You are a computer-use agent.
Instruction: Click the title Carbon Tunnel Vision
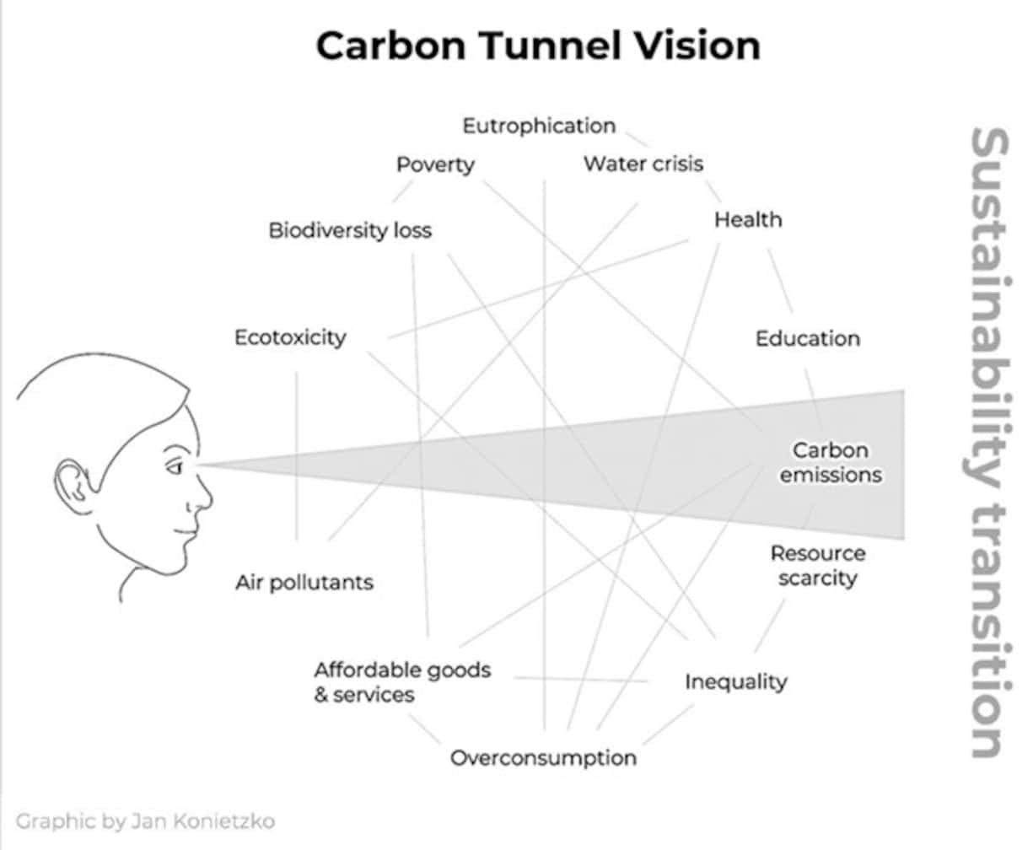[x=538, y=45]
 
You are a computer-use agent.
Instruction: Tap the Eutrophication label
[x=539, y=126]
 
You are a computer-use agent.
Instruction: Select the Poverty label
[x=435, y=164]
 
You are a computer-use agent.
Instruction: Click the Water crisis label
[x=643, y=164]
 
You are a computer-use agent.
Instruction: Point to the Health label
[x=748, y=220]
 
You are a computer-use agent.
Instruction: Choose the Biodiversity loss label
[x=350, y=230]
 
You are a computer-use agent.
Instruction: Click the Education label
[x=807, y=339]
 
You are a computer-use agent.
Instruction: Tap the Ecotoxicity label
[x=290, y=338]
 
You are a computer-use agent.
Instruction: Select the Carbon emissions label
[x=830, y=463]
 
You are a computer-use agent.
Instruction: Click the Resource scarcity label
[x=817, y=566]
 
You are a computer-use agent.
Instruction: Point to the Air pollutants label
[x=304, y=583]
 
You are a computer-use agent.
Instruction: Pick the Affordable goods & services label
[x=401, y=682]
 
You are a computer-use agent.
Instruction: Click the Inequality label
[x=735, y=681]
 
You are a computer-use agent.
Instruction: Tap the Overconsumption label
[x=543, y=757]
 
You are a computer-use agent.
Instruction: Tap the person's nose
[x=203, y=498]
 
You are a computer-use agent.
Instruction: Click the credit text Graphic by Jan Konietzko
[x=145, y=820]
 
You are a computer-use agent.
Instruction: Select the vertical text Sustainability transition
[x=986, y=443]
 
